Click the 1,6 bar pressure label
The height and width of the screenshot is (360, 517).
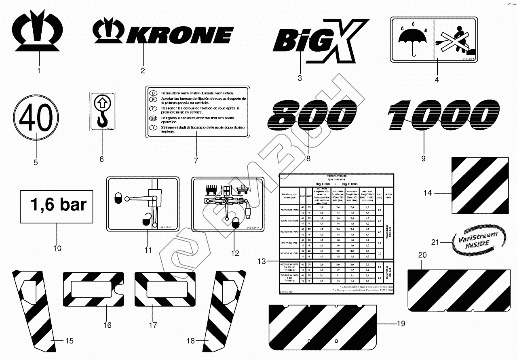(57, 205)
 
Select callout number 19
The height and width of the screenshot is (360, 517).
(401, 323)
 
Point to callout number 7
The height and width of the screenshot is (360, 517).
(196, 160)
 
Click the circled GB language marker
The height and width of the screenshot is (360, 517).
(153, 118)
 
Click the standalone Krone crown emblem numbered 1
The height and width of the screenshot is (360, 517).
(39, 34)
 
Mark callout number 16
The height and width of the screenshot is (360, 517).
(107, 325)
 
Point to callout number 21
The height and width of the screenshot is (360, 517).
(434, 242)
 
